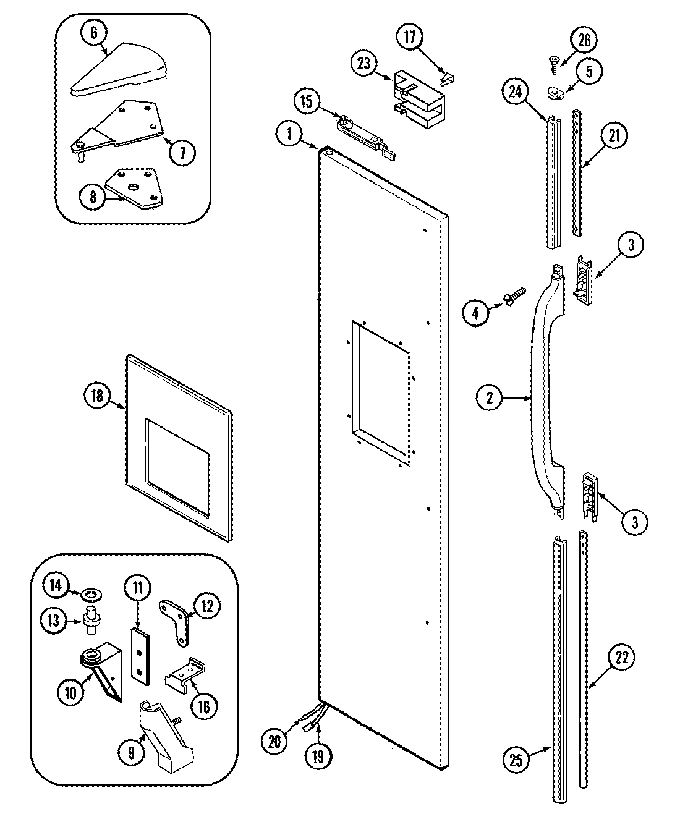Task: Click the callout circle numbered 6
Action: [x=94, y=33]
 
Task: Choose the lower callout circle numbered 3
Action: [x=634, y=522]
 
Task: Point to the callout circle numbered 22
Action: [x=621, y=658]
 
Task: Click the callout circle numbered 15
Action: [x=307, y=101]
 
